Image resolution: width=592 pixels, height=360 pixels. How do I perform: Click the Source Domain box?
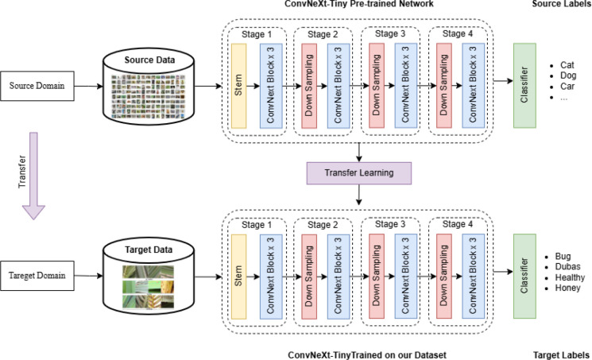click(37, 86)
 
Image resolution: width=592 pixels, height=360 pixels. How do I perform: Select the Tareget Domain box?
click(37, 276)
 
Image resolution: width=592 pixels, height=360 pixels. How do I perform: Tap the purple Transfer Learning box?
click(359, 173)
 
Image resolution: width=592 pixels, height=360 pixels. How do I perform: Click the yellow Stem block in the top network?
click(238, 86)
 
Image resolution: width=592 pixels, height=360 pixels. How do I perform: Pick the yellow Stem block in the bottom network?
click(238, 277)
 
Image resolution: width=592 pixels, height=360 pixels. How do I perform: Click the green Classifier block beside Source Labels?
click(524, 85)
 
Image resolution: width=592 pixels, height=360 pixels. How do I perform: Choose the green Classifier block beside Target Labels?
click(524, 276)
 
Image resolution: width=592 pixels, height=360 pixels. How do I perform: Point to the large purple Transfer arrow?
click(33, 176)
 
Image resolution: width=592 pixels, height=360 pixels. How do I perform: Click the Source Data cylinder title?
click(149, 60)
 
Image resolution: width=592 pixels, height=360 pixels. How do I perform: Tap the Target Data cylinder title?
click(149, 250)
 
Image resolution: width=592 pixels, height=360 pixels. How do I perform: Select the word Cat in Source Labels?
click(567, 65)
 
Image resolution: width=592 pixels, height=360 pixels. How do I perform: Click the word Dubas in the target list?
click(567, 267)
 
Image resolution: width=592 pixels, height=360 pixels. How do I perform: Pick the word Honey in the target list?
click(567, 288)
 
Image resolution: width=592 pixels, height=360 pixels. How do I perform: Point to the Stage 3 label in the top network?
click(390, 33)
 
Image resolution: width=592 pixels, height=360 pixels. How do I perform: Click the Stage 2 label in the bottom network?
click(323, 225)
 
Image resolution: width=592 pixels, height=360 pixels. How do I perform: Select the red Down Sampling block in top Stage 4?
click(444, 85)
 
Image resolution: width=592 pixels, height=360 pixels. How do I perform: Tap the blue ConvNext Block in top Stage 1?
click(271, 86)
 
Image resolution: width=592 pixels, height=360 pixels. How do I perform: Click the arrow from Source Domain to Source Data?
click(89, 86)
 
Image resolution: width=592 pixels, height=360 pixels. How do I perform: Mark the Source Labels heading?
click(560, 4)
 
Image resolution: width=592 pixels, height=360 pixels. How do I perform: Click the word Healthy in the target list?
click(570, 277)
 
